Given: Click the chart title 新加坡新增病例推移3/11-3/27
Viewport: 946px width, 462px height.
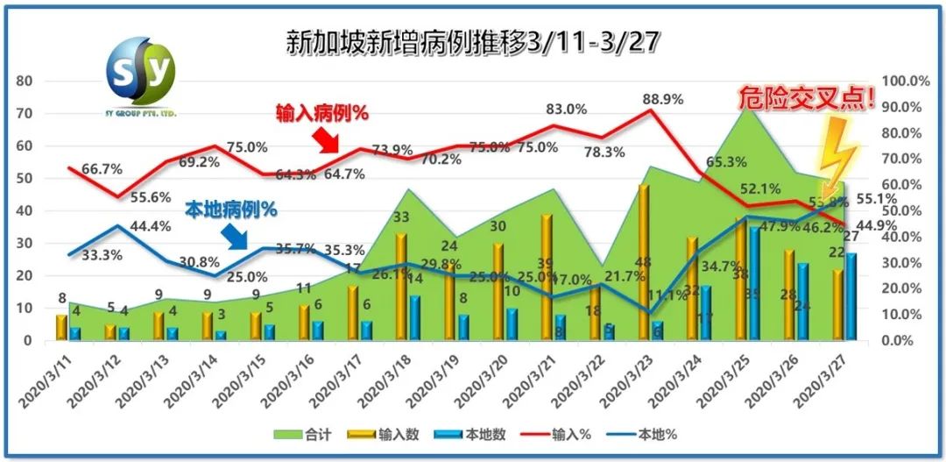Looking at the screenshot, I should [x=474, y=40].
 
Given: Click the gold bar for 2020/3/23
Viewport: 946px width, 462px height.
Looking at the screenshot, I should [x=644, y=262].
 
